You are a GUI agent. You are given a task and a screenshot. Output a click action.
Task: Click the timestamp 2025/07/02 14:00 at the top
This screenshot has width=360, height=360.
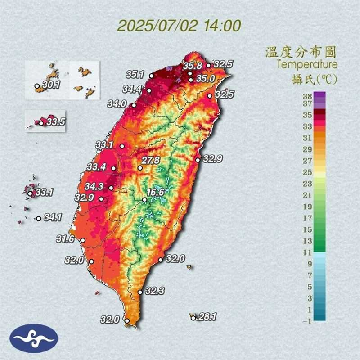pos(179,25)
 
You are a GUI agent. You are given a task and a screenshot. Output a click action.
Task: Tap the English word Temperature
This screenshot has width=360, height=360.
pos(307,65)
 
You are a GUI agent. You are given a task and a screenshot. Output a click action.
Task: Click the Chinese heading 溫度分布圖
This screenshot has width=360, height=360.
pos(301,52)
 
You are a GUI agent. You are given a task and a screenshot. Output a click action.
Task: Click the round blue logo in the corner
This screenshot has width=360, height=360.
pos(35,338)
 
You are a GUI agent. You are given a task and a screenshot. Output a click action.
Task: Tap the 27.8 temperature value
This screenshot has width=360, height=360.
pos(151,160)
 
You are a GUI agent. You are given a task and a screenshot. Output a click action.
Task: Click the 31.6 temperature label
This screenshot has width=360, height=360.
pos(65,239)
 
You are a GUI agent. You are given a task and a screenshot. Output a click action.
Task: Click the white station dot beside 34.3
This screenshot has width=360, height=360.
pos(111,188)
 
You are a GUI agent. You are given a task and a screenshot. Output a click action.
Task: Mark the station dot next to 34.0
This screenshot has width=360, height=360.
pos(133,106)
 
